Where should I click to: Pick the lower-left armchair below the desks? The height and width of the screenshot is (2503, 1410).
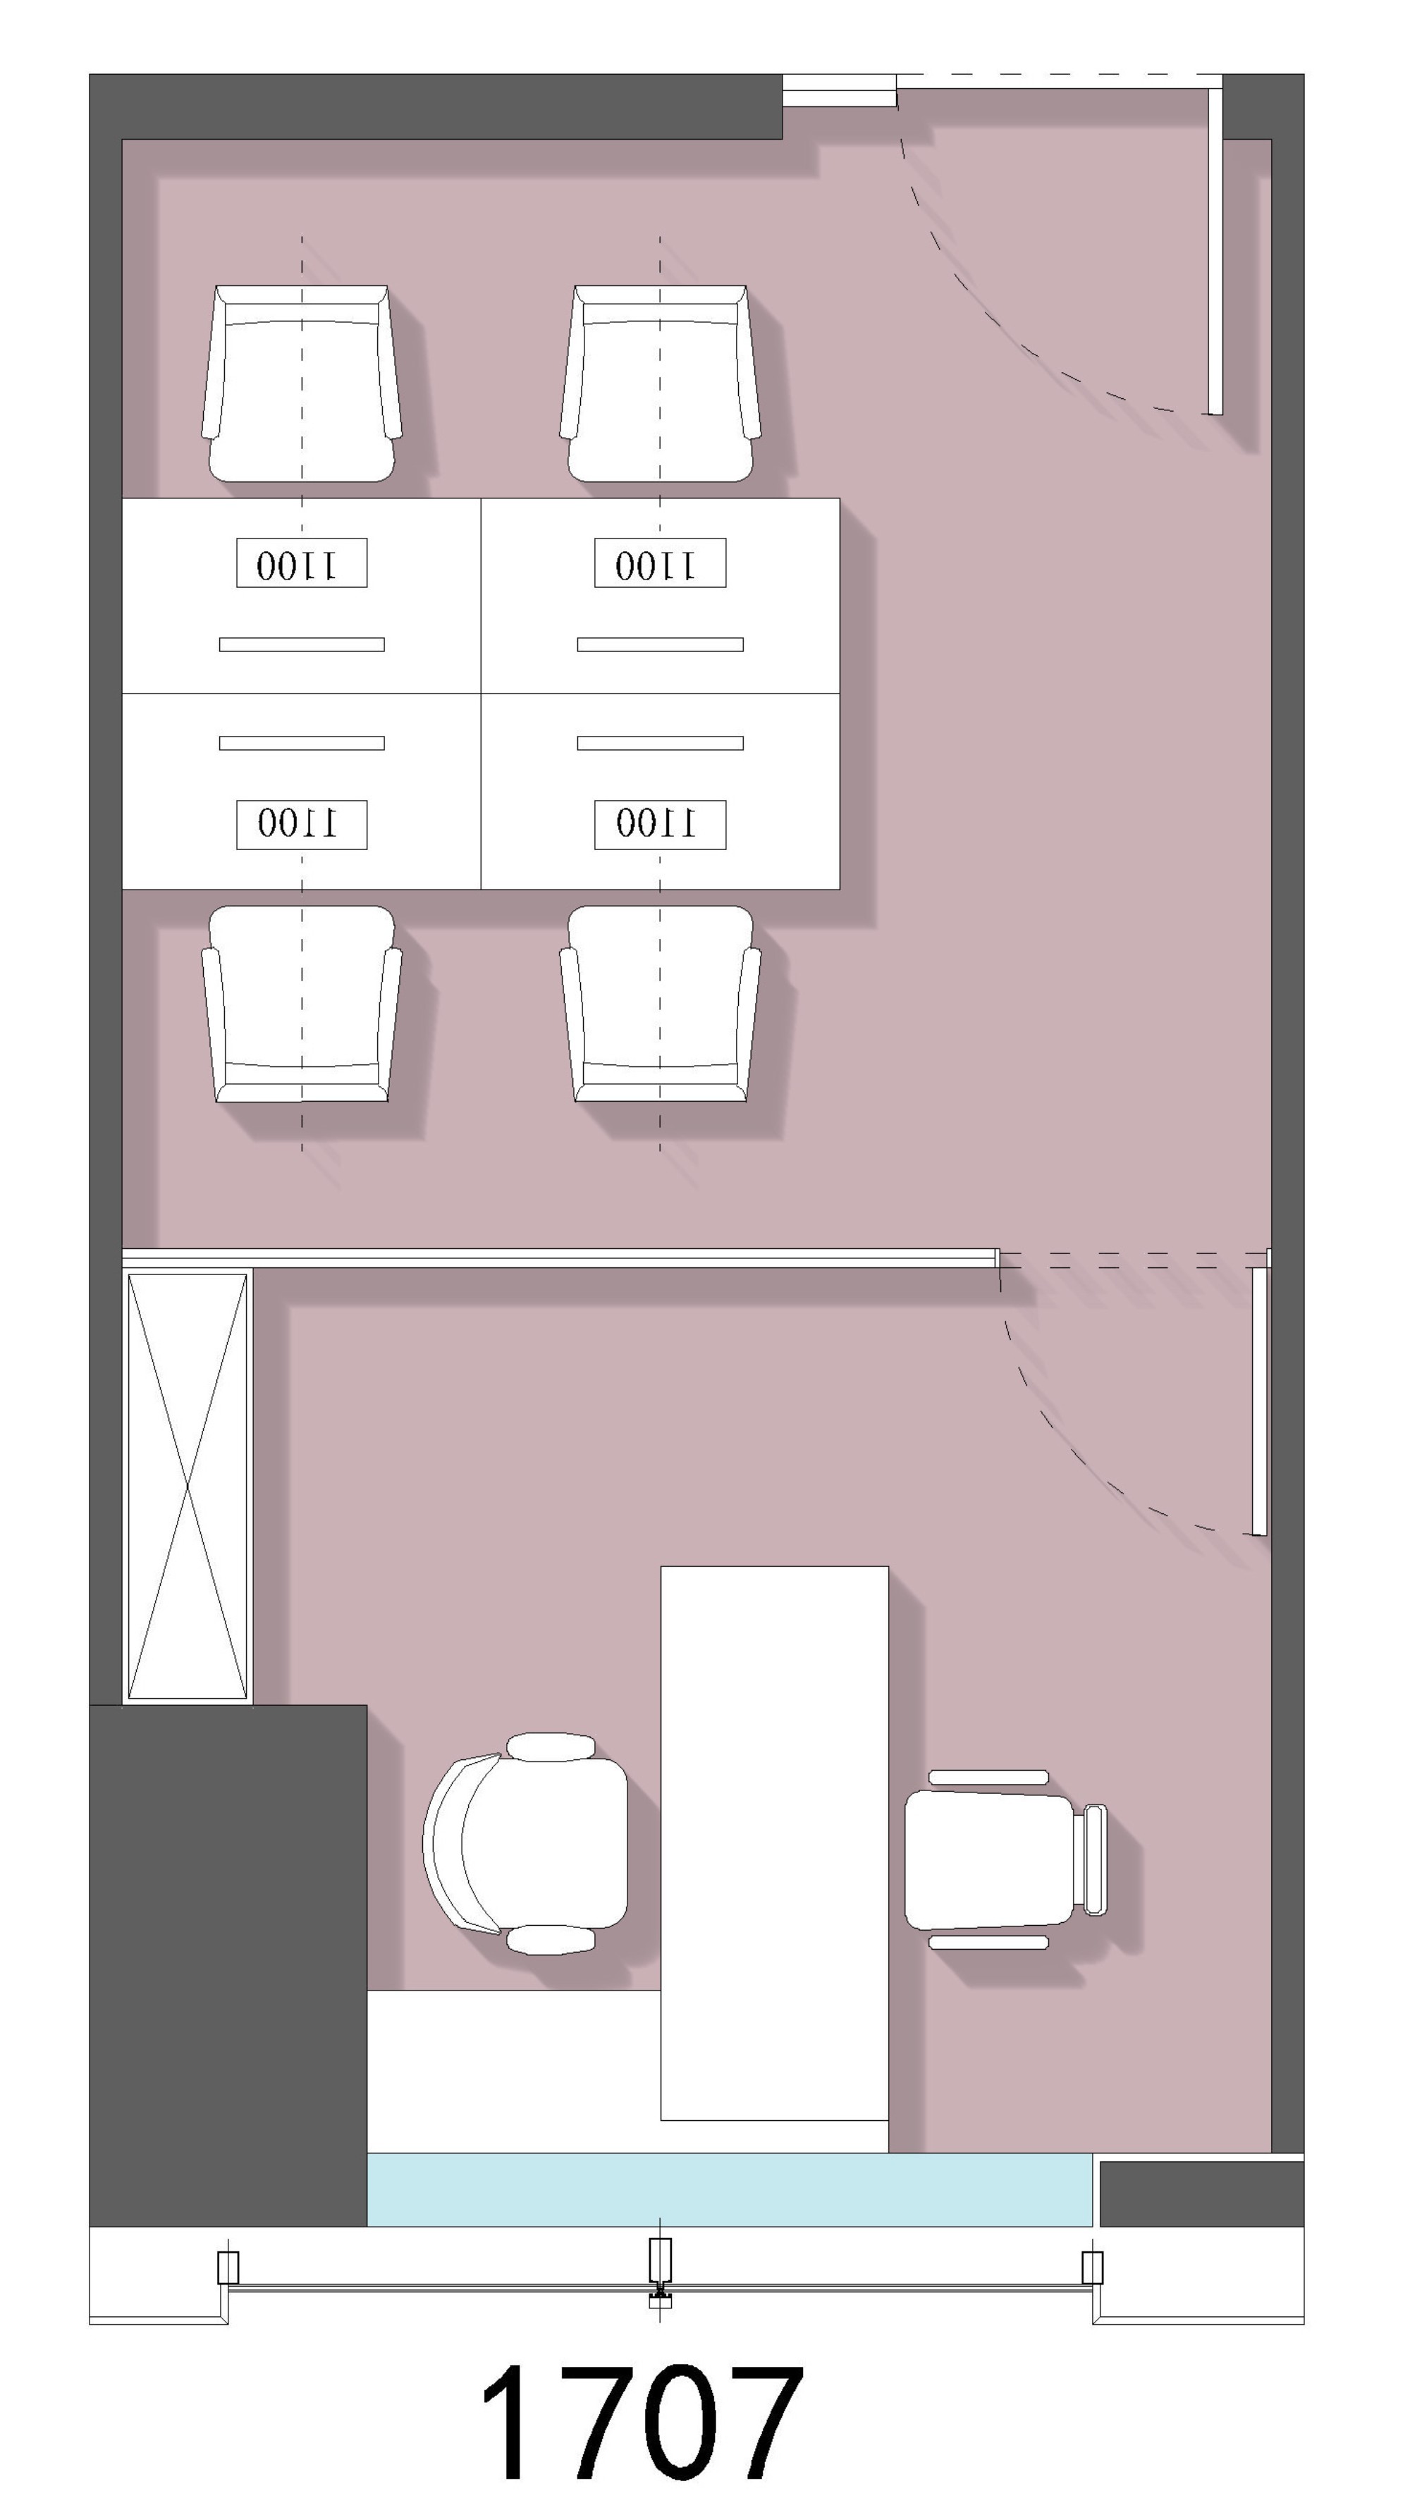[x=301, y=1004]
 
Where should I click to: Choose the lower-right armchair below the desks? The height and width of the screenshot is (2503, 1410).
[x=660, y=1004]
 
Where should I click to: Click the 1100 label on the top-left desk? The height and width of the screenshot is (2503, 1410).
[x=301, y=562]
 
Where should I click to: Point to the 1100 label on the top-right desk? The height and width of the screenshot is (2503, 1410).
[x=660, y=562]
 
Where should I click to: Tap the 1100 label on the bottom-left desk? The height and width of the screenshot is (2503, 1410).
[x=301, y=824]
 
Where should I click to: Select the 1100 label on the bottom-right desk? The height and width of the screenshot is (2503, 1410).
[x=660, y=824]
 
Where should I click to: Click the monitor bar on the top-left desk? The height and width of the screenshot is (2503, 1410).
[x=301, y=644]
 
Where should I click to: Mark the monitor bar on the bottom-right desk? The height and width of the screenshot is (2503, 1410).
[x=660, y=744]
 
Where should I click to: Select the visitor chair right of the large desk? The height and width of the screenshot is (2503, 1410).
[x=1006, y=1859]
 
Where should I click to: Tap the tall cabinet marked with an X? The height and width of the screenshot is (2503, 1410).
[x=187, y=1487]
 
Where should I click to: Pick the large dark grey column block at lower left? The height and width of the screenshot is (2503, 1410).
[x=228, y=1964]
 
